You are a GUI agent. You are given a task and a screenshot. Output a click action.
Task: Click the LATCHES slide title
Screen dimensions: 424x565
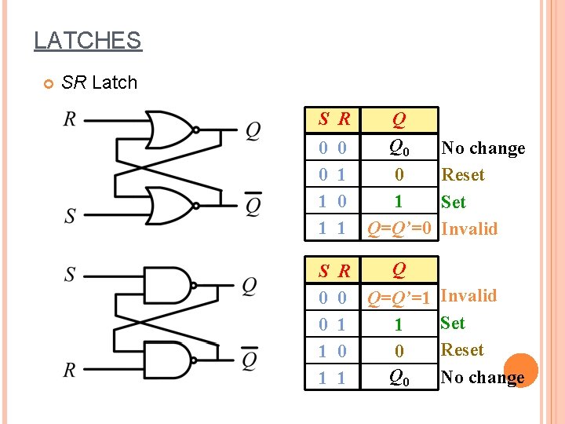pos(87,40)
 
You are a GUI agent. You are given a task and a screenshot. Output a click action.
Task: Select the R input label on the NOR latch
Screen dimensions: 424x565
pos(70,119)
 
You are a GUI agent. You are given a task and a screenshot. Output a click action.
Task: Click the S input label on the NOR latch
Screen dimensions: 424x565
pos(70,214)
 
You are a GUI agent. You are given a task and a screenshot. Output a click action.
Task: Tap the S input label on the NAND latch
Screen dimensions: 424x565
pos(70,274)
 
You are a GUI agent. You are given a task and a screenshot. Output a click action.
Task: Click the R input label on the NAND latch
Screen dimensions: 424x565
pos(70,369)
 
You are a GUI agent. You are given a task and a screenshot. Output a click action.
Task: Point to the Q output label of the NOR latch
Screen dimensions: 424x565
pos(253,130)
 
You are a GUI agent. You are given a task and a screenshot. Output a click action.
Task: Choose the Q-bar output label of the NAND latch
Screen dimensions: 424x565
pos(250,360)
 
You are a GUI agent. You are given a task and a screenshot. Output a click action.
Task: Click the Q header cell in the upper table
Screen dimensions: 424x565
pos(399,120)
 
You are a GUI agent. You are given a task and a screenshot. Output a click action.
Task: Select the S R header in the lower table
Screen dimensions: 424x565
pos(334,272)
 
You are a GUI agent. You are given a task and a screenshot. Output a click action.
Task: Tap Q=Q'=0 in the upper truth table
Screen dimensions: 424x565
pos(400,228)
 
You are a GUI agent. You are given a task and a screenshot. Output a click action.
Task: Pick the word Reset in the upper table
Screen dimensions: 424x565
pos(463,175)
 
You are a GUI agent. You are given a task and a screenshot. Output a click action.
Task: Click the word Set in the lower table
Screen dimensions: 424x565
pos(453,323)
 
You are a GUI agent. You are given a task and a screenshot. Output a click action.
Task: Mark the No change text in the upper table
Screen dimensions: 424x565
pos(483,148)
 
